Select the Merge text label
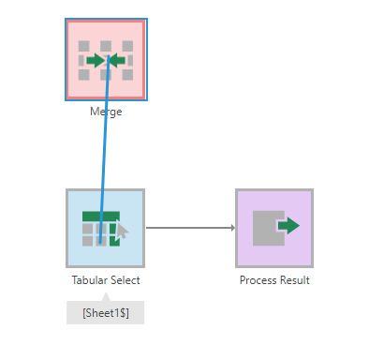point(106,112)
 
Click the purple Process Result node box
point(273,228)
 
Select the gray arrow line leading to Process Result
point(187,227)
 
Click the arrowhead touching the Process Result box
point(231,227)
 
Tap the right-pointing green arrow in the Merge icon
point(95,61)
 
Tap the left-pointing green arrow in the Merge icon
point(117,61)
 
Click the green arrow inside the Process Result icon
point(288,226)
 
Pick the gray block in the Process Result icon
point(266,228)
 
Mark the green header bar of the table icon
point(97,216)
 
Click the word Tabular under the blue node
point(89,279)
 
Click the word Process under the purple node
point(258,279)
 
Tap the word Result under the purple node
point(294,279)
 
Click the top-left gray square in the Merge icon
point(84,45)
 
